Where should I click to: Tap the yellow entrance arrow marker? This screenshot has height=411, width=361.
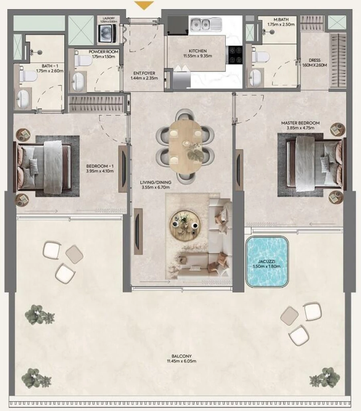pyautogui.click(x=144, y=5)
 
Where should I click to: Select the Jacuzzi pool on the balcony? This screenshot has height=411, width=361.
pyautogui.click(x=267, y=262)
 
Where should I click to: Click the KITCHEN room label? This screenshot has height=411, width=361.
pyautogui.click(x=198, y=51)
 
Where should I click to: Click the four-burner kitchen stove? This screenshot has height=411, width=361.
pyautogui.click(x=235, y=55)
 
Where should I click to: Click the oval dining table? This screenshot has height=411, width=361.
pyautogui.click(x=185, y=147)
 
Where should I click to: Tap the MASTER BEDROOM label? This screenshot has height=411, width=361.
pyautogui.click(x=300, y=123)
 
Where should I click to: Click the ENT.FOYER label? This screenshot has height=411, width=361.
pyautogui.click(x=144, y=73)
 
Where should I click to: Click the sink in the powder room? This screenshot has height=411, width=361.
pyautogui.click(x=78, y=81)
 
